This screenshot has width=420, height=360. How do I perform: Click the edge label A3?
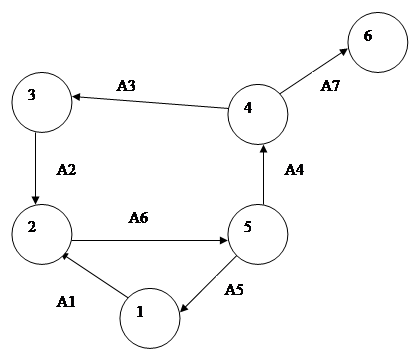click(126, 86)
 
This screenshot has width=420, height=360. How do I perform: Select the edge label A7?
click(330, 86)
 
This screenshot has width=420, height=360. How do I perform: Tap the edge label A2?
click(66, 170)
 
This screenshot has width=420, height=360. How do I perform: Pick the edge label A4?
click(294, 170)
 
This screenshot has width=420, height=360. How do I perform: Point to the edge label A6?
click(138, 218)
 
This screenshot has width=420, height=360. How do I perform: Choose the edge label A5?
click(234, 290)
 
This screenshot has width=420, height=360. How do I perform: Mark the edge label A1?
click(66, 302)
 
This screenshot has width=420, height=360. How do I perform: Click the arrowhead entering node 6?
click(343, 52)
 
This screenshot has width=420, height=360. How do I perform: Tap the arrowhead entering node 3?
click(77, 97)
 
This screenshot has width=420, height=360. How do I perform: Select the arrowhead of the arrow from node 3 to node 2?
click(36, 200)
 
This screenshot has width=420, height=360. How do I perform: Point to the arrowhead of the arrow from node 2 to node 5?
click(223, 240)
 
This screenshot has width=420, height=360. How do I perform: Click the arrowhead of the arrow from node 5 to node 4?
click(264, 149)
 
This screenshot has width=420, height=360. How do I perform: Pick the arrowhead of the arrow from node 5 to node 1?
click(184, 308)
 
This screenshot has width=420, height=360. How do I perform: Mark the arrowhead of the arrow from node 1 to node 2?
click(67, 256)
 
